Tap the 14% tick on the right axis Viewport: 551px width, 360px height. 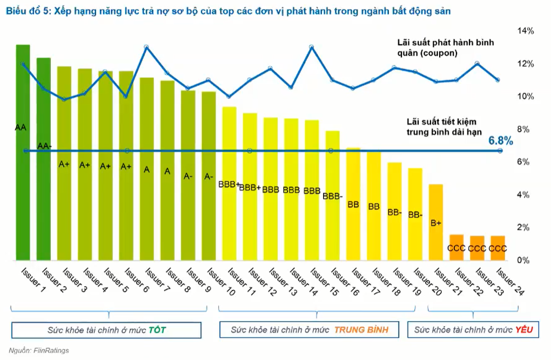pyautogui.click(x=526, y=31)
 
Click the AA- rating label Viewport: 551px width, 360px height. pyautogui.click(x=44, y=146)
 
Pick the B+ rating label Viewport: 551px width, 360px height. pyautogui.click(x=436, y=222)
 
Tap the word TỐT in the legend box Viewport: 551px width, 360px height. pyautogui.click(x=157, y=330)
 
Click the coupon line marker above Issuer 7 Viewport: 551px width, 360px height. pyautogui.click(x=146, y=47)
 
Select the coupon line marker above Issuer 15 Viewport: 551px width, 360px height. pyautogui.click(x=312, y=47)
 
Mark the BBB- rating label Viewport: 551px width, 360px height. pyautogui.click(x=332, y=196)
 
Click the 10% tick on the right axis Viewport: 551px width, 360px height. pyautogui.click(x=526, y=97)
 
